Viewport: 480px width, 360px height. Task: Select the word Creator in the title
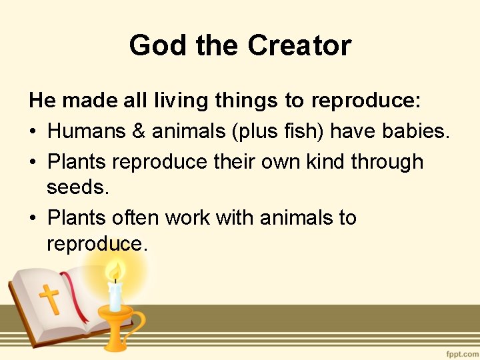pos(299,46)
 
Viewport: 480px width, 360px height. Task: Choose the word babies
pos(416,131)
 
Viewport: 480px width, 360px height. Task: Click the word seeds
pos(77,187)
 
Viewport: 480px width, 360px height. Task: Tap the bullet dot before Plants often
pos(33,219)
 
